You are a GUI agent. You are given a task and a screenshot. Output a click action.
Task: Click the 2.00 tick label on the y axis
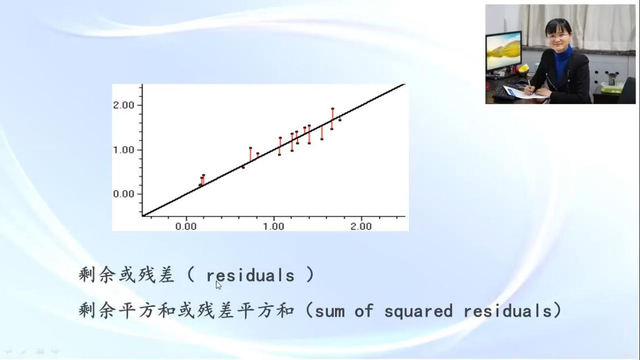[x=123, y=105]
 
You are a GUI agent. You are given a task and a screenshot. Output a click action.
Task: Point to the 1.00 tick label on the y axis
[x=123, y=150]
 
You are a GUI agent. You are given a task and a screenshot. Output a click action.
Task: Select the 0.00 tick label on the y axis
[x=123, y=194]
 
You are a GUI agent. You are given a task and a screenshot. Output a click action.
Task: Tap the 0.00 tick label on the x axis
[x=186, y=226]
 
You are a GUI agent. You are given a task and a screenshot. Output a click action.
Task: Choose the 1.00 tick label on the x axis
[x=273, y=226]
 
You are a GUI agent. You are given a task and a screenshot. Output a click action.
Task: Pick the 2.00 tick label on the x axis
[x=361, y=226]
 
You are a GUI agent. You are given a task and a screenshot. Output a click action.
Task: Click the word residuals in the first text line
[x=250, y=276]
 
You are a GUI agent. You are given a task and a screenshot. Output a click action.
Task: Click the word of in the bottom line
[x=363, y=312]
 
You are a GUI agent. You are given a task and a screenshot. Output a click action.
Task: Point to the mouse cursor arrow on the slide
[x=219, y=285]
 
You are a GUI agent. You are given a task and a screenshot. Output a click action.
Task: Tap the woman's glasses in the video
[x=557, y=36]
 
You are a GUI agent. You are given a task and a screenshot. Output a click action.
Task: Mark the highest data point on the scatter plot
[x=333, y=109]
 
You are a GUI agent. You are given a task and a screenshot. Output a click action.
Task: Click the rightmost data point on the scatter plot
[x=340, y=120]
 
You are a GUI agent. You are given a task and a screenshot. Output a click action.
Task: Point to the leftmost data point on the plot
[x=200, y=185]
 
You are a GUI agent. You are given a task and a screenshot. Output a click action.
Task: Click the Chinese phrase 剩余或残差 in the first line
[x=127, y=275]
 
